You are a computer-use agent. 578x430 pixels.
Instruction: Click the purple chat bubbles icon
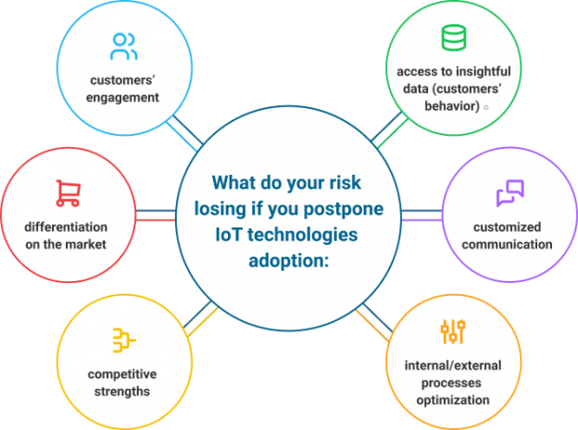(x=509, y=192)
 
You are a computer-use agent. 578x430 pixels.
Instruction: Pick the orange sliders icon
(x=452, y=333)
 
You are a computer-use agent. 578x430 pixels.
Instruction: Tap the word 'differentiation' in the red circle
(x=67, y=227)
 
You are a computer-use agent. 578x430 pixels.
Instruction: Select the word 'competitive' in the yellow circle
(x=121, y=375)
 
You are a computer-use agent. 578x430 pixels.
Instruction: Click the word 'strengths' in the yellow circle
(x=121, y=391)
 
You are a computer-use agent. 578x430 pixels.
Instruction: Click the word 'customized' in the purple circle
(x=512, y=227)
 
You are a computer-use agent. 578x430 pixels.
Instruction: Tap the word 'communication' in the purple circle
(x=512, y=244)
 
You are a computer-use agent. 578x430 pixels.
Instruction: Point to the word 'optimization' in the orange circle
(x=453, y=399)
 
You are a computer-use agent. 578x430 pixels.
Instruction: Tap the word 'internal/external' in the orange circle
(x=453, y=366)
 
